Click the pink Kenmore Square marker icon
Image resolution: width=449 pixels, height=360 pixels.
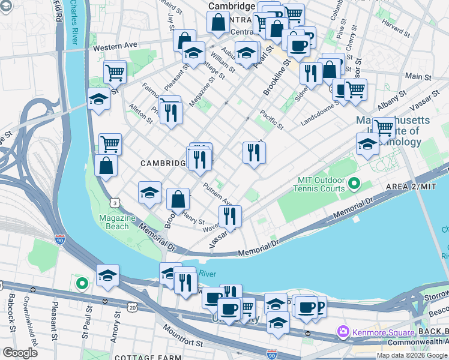(343, 332)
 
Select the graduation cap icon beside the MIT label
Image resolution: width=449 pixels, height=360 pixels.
(367, 143)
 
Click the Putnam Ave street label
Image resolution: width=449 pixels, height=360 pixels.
(217, 191)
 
